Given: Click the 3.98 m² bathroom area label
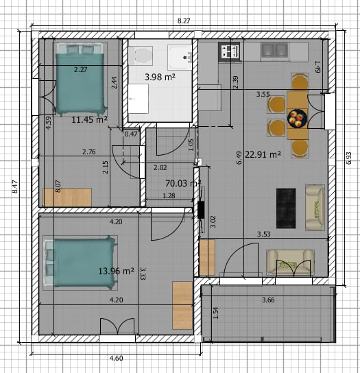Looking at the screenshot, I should point(160,77).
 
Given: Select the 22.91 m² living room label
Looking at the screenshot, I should point(264,154).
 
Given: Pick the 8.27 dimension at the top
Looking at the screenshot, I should point(184,21).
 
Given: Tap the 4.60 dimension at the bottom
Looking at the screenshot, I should point(117,357).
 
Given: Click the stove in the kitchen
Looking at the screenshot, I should point(228,51).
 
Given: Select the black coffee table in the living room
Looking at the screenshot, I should point(285,208).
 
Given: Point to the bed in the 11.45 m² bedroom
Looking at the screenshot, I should point(80,77).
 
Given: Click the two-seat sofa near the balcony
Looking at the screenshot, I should point(291,262).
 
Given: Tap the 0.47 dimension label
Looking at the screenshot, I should point(131,134).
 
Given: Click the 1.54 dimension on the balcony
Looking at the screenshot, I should point(216,313).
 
